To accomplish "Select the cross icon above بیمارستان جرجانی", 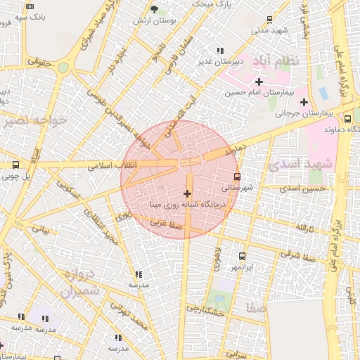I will click(x=304, y=102).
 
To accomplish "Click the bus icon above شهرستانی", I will click(x=237, y=176).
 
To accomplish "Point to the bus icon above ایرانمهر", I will click(x=243, y=256).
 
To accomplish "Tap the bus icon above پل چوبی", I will click(x=15, y=165).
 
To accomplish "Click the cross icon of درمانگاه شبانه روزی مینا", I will click(x=187, y=193).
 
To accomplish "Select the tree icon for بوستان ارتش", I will click(x=155, y=9).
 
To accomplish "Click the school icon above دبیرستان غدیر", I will click(x=221, y=51).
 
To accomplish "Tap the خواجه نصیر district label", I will click(x=34, y=120).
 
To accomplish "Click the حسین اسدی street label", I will click(x=302, y=188).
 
